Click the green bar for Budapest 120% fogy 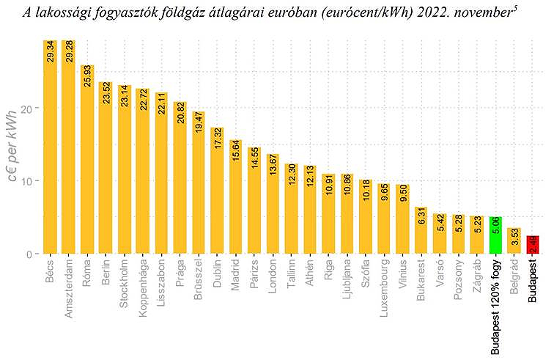[x=496, y=235]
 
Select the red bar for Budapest [x=533, y=245]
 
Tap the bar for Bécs [x=50, y=147]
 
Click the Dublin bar [x=217, y=191]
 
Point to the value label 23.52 [x=106, y=93]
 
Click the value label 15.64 [x=236, y=150]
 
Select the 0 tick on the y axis [x=32, y=254]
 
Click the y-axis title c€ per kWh [x=12, y=153]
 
